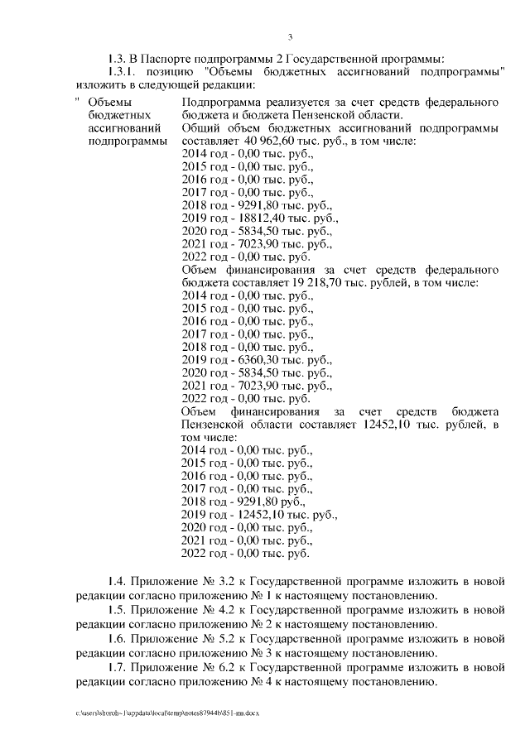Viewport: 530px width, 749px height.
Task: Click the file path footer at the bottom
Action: pos(166,712)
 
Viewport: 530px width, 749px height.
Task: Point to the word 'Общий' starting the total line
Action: pos(200,128)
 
